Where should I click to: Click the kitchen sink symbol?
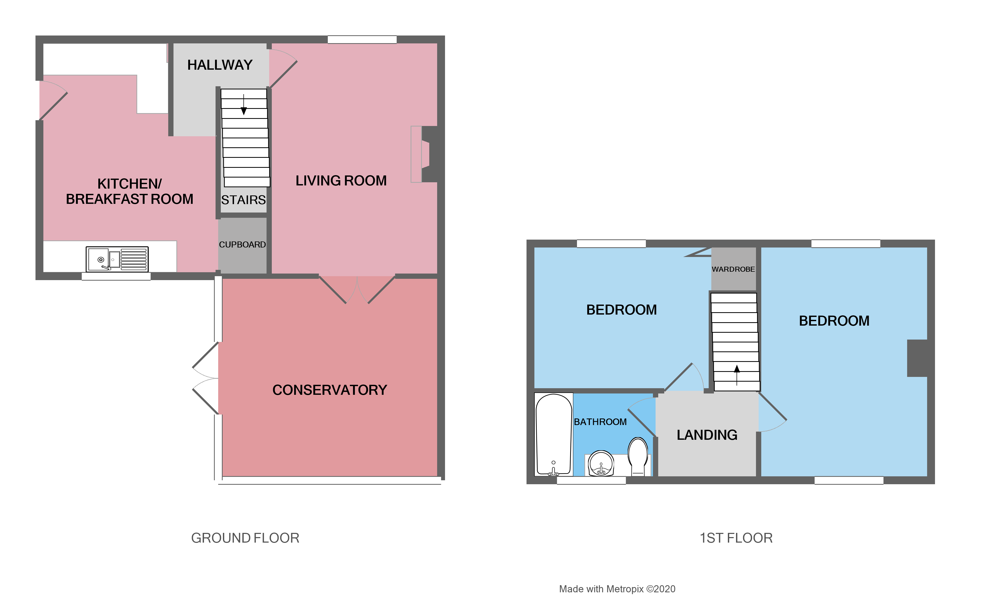(117, 259)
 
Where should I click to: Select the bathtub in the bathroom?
(553, 434)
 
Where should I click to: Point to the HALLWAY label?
(220, 65)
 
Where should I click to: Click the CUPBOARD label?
(242, 245)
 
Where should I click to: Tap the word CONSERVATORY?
(329, 390)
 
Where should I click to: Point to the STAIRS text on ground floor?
(243, 200)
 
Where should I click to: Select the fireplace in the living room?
(424, 154)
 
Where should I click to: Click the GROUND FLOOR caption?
(245, 538)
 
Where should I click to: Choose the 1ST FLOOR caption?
(736, 538)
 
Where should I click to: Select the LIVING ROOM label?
(341, 181)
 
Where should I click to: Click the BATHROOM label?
(600, 422)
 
